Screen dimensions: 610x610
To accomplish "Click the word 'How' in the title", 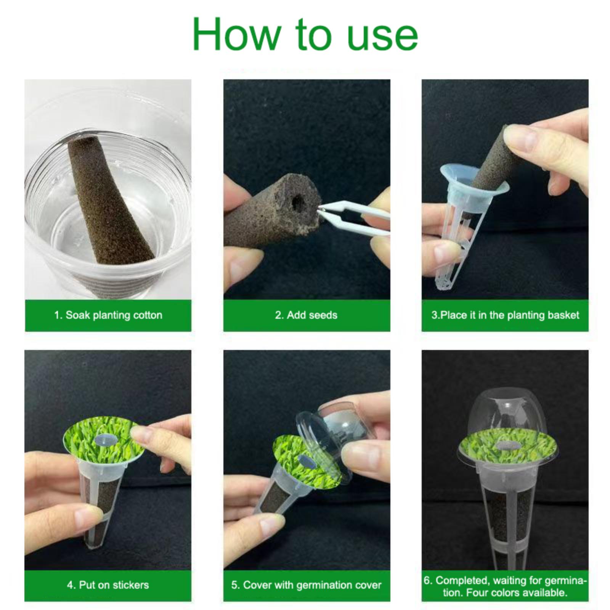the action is click(x=236, y=34).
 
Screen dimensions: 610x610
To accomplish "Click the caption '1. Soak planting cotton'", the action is click(x=108, y=315).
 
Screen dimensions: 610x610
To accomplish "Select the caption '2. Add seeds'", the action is click(x=306, y=315).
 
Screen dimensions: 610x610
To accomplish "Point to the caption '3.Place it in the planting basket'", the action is click(x=505, y=315).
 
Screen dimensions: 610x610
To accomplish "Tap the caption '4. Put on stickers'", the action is click(x=108, y=585).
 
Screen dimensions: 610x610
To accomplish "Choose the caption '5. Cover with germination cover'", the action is click(x=306, y=585).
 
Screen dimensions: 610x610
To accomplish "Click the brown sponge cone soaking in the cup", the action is click(x=111, y=202).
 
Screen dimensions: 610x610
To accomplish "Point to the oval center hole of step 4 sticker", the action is click(x=104, y=440).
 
